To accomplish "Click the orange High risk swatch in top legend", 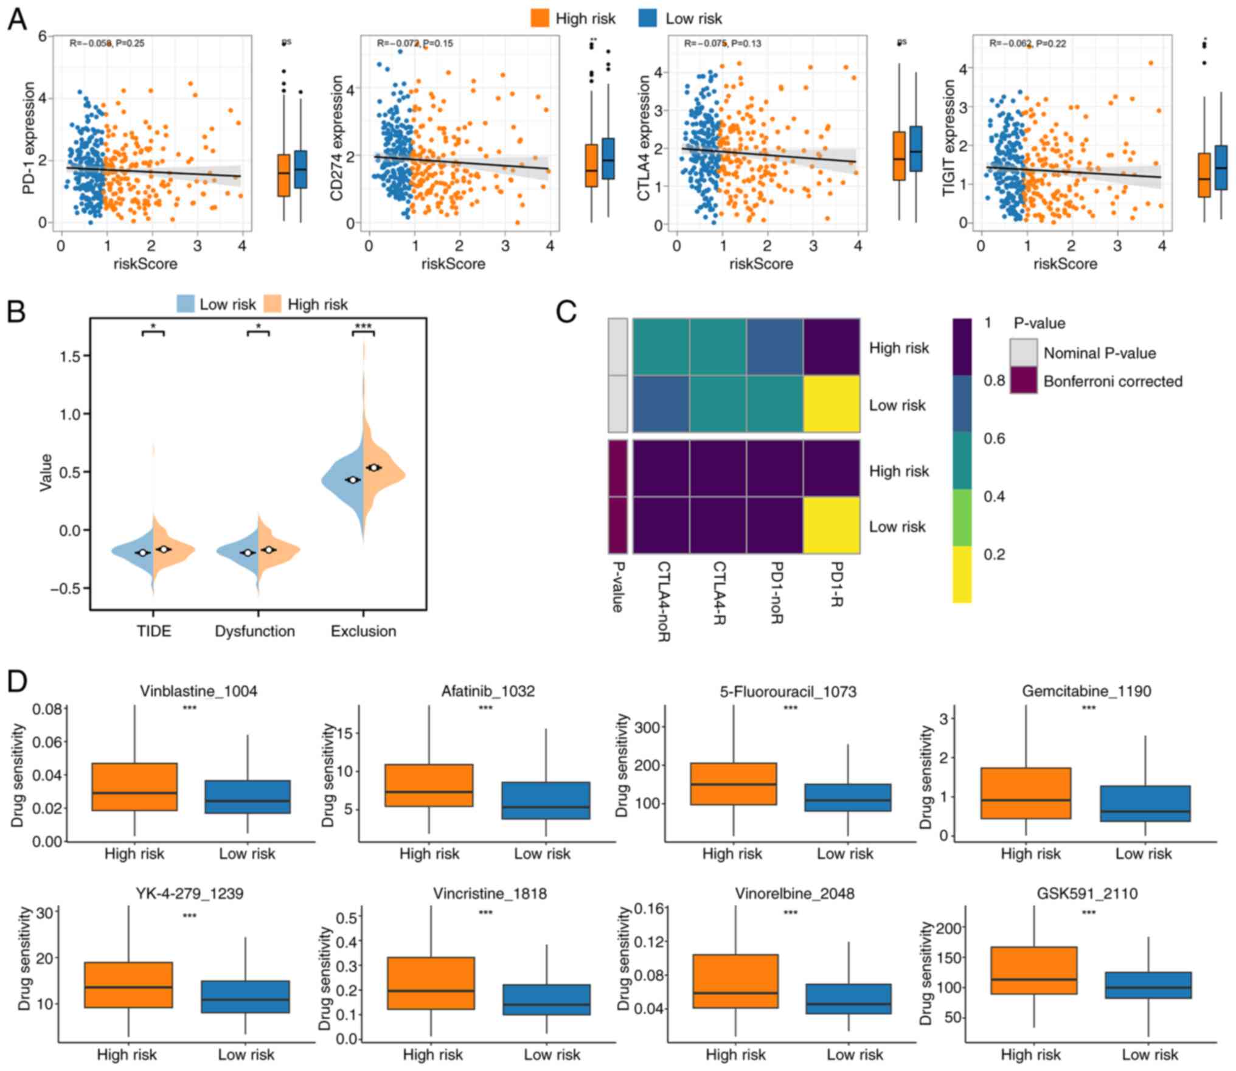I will point(540,18).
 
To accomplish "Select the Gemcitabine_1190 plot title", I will point(1086,691).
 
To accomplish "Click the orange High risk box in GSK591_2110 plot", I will point(1033,970).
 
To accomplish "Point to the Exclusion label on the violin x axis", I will point(363,631).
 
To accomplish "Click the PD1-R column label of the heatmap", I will point(835,584).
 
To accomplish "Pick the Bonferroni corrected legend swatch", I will point(1024,380).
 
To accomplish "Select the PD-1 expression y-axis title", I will point(29,138).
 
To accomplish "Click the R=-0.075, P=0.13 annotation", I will point(723,43).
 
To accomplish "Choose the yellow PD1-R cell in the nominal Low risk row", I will point(832,404).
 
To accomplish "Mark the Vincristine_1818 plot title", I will point(490,893).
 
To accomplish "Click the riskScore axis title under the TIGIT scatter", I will point(1065,264).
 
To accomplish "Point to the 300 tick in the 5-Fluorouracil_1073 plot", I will point(648,727).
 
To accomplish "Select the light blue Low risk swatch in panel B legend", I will point(186,304).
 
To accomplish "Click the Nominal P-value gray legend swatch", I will point(1024,352).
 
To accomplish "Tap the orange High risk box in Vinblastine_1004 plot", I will point(134,786).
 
